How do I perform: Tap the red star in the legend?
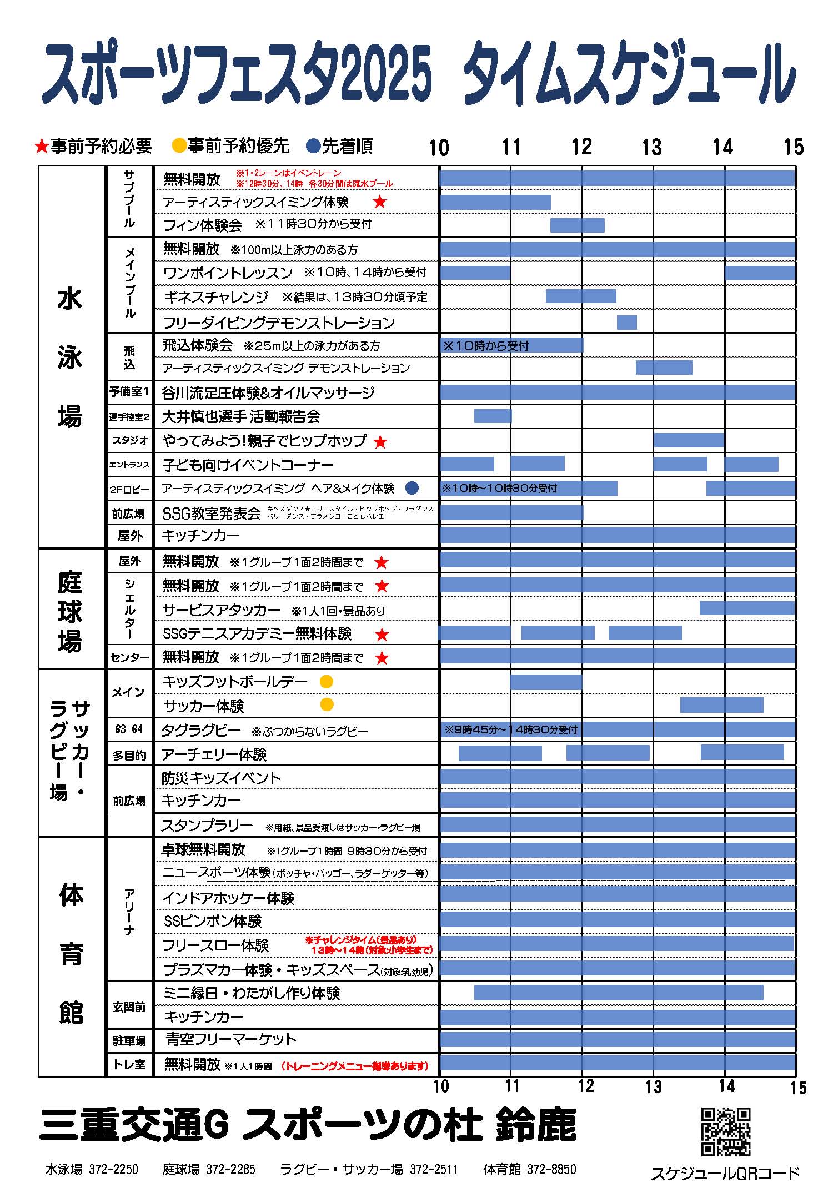click(42, 147)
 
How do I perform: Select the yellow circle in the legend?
click(179, 146)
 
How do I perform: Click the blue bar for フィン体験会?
click(577, 225)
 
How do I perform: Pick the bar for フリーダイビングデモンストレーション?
click(626, 323)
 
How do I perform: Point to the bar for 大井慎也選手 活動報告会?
click(493, 416)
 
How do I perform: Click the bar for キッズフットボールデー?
click(546, 682)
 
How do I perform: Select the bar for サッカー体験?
click(721, 705)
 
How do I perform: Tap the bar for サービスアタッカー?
click(747, 608)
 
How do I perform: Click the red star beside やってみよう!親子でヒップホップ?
click(380, 442)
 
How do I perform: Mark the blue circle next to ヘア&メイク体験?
click(412, 488)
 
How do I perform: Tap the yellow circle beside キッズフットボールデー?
click(327, 682)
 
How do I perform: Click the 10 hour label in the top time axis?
click(439, 148)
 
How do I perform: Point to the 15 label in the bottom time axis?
click(797, 1088)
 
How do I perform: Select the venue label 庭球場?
click(70, 611)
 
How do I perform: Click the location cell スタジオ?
click(129, 441)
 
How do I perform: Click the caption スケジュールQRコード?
click(725, 1173)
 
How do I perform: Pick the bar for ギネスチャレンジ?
click(581, 296)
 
